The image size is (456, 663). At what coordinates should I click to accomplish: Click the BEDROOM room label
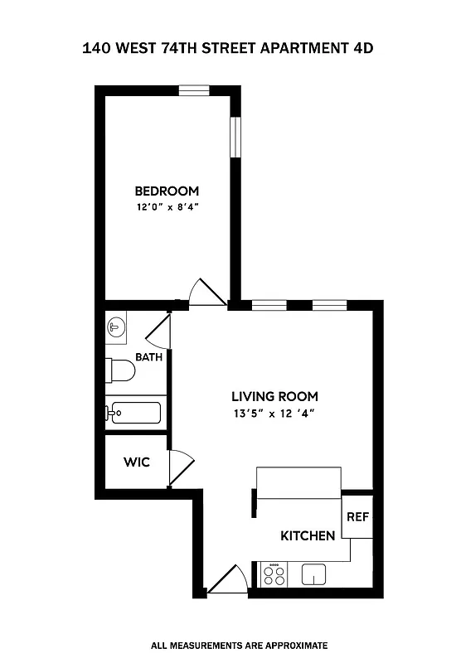coord(167,191)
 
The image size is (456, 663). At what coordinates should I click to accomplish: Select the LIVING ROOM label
coord(274,396)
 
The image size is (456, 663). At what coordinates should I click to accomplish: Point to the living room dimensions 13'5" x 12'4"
coord(274,413)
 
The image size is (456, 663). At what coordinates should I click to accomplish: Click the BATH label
coord(148,358)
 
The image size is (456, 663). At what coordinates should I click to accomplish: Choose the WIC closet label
coord(137,462)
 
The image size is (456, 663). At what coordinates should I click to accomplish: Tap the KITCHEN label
coord(308,535)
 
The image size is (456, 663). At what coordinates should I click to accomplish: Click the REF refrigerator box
coord(357,516)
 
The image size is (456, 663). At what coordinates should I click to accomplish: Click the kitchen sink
coord(315,573)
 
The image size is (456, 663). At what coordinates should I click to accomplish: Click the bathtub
coord(135,412)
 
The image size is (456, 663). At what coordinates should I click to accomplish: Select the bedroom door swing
coord(206,293)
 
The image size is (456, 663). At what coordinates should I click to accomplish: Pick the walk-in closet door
coord(181,467)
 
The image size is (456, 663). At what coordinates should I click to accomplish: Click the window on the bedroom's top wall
coord(194,90)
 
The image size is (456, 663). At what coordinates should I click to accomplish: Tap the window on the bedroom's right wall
coord(235,139)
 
